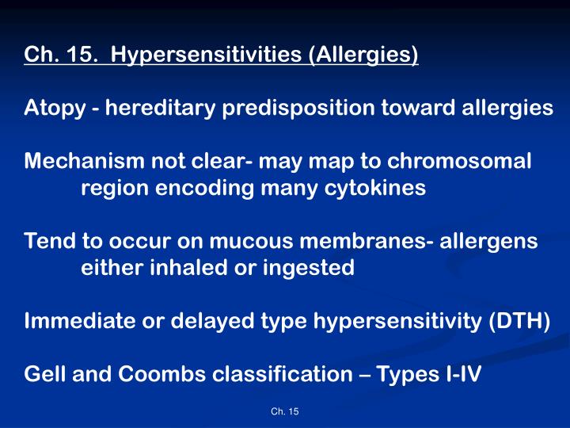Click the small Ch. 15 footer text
coord(284,411)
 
